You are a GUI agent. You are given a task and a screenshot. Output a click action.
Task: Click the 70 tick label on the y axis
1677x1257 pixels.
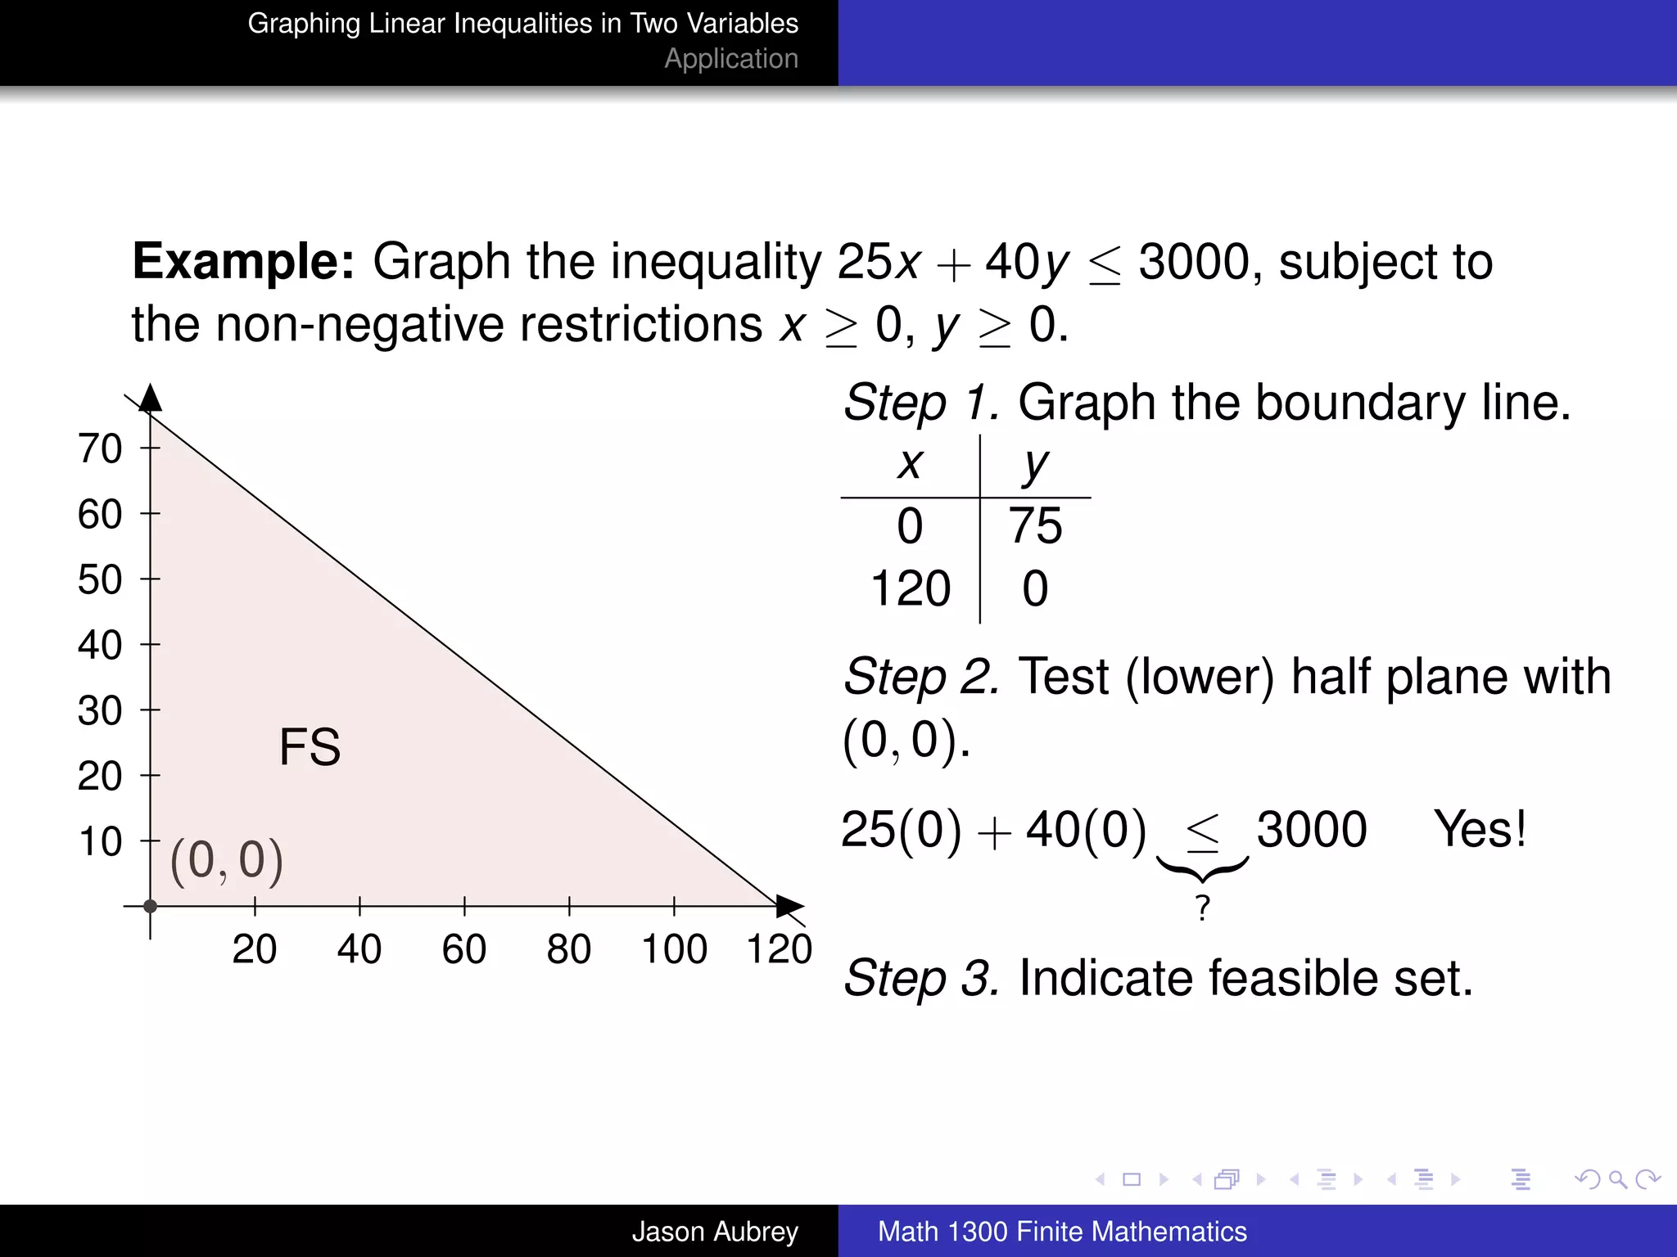click(100, 448)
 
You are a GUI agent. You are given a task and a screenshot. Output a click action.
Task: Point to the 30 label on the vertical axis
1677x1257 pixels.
click(100, 710)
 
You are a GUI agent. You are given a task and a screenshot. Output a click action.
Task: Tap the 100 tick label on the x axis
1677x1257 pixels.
click(674, 949)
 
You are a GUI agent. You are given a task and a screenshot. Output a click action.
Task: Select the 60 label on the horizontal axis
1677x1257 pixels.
click(463, 949)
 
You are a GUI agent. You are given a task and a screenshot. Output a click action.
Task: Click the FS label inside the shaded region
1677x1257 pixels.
click(310, 747)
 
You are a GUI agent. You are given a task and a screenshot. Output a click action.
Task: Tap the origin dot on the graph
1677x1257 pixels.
click(150, 906)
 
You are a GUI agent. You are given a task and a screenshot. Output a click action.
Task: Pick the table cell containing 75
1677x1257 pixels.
click(1035, 525)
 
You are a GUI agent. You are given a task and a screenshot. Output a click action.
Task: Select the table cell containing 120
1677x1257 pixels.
click(910, 588)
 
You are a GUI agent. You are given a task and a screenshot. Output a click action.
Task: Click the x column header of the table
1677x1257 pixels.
click(910, 464)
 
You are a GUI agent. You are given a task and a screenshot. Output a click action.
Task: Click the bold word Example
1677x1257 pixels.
click(243, 262)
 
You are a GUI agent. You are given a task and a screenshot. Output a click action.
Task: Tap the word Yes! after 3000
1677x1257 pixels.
click(1480, 829)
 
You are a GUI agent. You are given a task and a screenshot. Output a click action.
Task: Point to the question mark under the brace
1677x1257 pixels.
click(1202, 908)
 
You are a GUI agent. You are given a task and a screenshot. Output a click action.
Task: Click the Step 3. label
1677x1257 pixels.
click(921, 978)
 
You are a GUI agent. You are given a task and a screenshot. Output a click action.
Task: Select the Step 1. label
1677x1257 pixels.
click(921, 403)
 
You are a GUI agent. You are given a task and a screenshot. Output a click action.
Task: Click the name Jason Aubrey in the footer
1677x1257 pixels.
click(714, 1231)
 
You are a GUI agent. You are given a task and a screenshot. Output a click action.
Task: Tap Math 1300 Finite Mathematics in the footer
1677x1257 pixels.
click(1062, 1231)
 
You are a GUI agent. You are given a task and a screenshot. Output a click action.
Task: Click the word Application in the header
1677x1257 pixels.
click(730, 59)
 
